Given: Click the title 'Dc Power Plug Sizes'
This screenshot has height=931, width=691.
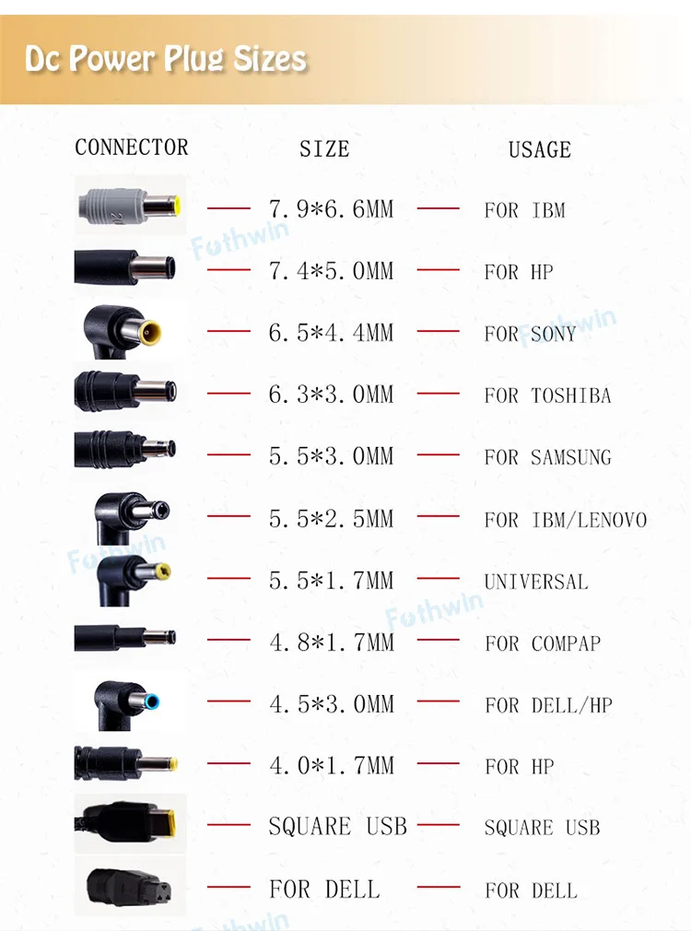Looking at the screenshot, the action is click(x=166, y=59).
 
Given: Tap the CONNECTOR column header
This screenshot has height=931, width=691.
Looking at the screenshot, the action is click(x=131, y=147).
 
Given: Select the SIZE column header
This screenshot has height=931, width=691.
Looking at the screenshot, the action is click(x=324, y=149).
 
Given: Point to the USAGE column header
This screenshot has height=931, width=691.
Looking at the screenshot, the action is click(x=540, y=149).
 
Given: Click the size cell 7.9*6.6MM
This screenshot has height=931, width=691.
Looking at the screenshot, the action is click(x=331, y=209).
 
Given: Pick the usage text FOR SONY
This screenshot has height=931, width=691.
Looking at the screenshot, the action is click(x=531, y=334).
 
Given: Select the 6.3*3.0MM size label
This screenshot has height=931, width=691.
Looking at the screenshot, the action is click(x=331, y=395).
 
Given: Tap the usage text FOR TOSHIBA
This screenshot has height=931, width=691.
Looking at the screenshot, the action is click(x=547, y=395).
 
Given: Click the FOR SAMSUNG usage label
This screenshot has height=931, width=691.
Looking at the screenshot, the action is click(x=547, y=457).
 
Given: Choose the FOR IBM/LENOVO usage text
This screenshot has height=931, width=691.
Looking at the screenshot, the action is click(x=565, y=520).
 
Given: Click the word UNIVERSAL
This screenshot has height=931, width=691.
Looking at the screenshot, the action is click(x=535, y=582).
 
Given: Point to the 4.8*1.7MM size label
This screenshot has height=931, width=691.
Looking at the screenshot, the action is click(x=331, y=642).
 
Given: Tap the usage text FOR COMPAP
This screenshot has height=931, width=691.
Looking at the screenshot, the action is click(x=543, y=643).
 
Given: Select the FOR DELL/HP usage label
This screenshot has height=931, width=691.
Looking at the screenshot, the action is click(x=548, y=705).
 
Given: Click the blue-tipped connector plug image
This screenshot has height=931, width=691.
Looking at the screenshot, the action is click(x=129, y=702).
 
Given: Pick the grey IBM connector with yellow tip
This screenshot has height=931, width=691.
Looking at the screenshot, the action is click(x=129, y=205).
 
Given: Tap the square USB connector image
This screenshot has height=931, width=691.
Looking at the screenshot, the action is click(x=129, y=823).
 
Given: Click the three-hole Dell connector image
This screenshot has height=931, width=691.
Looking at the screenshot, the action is click(x=129, y=887).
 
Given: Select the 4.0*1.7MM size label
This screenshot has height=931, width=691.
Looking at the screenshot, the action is click(x=331, y=765).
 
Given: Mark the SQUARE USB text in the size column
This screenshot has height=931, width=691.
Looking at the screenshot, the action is click(x=337, y=827).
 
